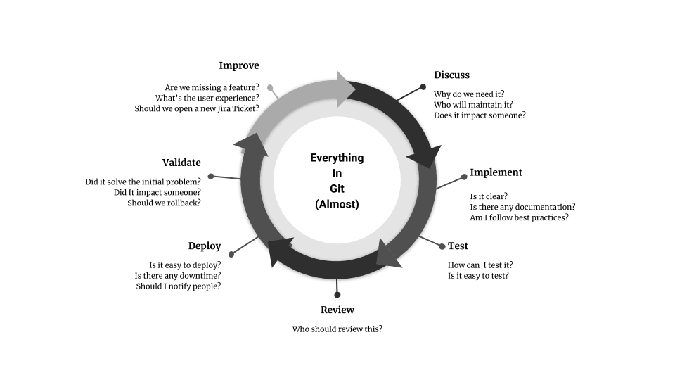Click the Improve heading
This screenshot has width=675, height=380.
[x=239, y=65]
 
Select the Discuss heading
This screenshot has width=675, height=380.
[x=451, y=75]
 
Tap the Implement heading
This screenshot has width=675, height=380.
[x=496, y=172]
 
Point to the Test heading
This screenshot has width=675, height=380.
[x=458, y=246]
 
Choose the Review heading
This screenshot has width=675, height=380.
[x=337, y=310]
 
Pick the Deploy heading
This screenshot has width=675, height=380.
[x=205, y=246]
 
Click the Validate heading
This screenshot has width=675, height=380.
[x=181, y=163]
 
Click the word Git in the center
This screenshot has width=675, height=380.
[x=337, y=189]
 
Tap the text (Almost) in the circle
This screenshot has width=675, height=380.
[x=337, y=204]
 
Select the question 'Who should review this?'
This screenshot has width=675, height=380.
[x=337, y=329]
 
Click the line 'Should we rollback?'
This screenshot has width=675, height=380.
[x=164, y=203]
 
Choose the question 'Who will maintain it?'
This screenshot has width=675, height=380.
[x=473, y=104]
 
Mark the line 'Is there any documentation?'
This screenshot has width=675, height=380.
[x=522, y=206]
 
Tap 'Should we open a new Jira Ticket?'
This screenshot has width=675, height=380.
[x=197, y=108]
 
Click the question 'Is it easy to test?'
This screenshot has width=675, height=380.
[x=478, y=275]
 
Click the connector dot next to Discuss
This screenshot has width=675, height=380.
[x=423, y=87]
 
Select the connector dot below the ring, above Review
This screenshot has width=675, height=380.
[x=337, y=294]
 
